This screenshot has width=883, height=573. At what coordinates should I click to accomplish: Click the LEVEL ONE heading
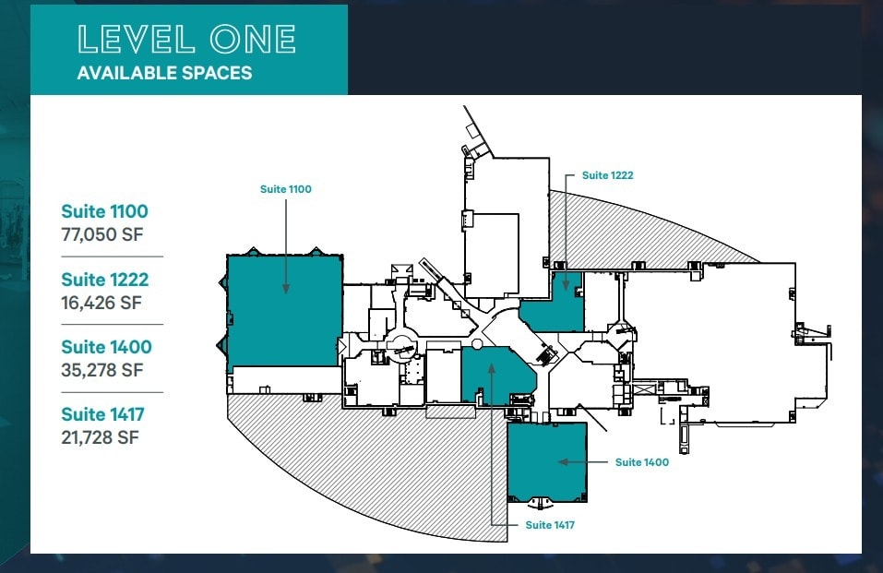(x=187, y=39)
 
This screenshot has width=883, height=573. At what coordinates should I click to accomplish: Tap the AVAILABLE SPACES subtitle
(x=164, y=73)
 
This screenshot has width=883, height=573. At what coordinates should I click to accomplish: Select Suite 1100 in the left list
(x=104, y=211)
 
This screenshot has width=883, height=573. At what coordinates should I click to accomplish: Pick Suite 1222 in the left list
(x=104, y=279)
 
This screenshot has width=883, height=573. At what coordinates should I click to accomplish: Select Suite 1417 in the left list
(x=103, y=414)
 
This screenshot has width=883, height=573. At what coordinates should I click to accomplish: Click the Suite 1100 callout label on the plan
(x=286, y=189)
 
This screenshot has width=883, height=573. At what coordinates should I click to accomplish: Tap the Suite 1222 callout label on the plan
(x=607, y=174)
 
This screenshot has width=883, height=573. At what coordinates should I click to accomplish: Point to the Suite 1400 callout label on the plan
(x=642, y=462)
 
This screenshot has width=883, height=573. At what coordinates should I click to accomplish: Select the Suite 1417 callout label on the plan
(x=550, y=525)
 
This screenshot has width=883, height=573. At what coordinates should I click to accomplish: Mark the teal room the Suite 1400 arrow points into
(x=547, y=461)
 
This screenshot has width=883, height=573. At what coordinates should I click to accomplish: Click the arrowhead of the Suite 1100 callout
(x=286, y=291)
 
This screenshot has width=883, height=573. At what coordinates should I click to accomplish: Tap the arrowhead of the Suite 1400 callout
(x=559, y=461)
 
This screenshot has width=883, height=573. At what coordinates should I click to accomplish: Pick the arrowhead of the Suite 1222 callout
(x=566, y=289)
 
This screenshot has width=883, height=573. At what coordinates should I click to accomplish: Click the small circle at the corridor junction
(x=477, y=343)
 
